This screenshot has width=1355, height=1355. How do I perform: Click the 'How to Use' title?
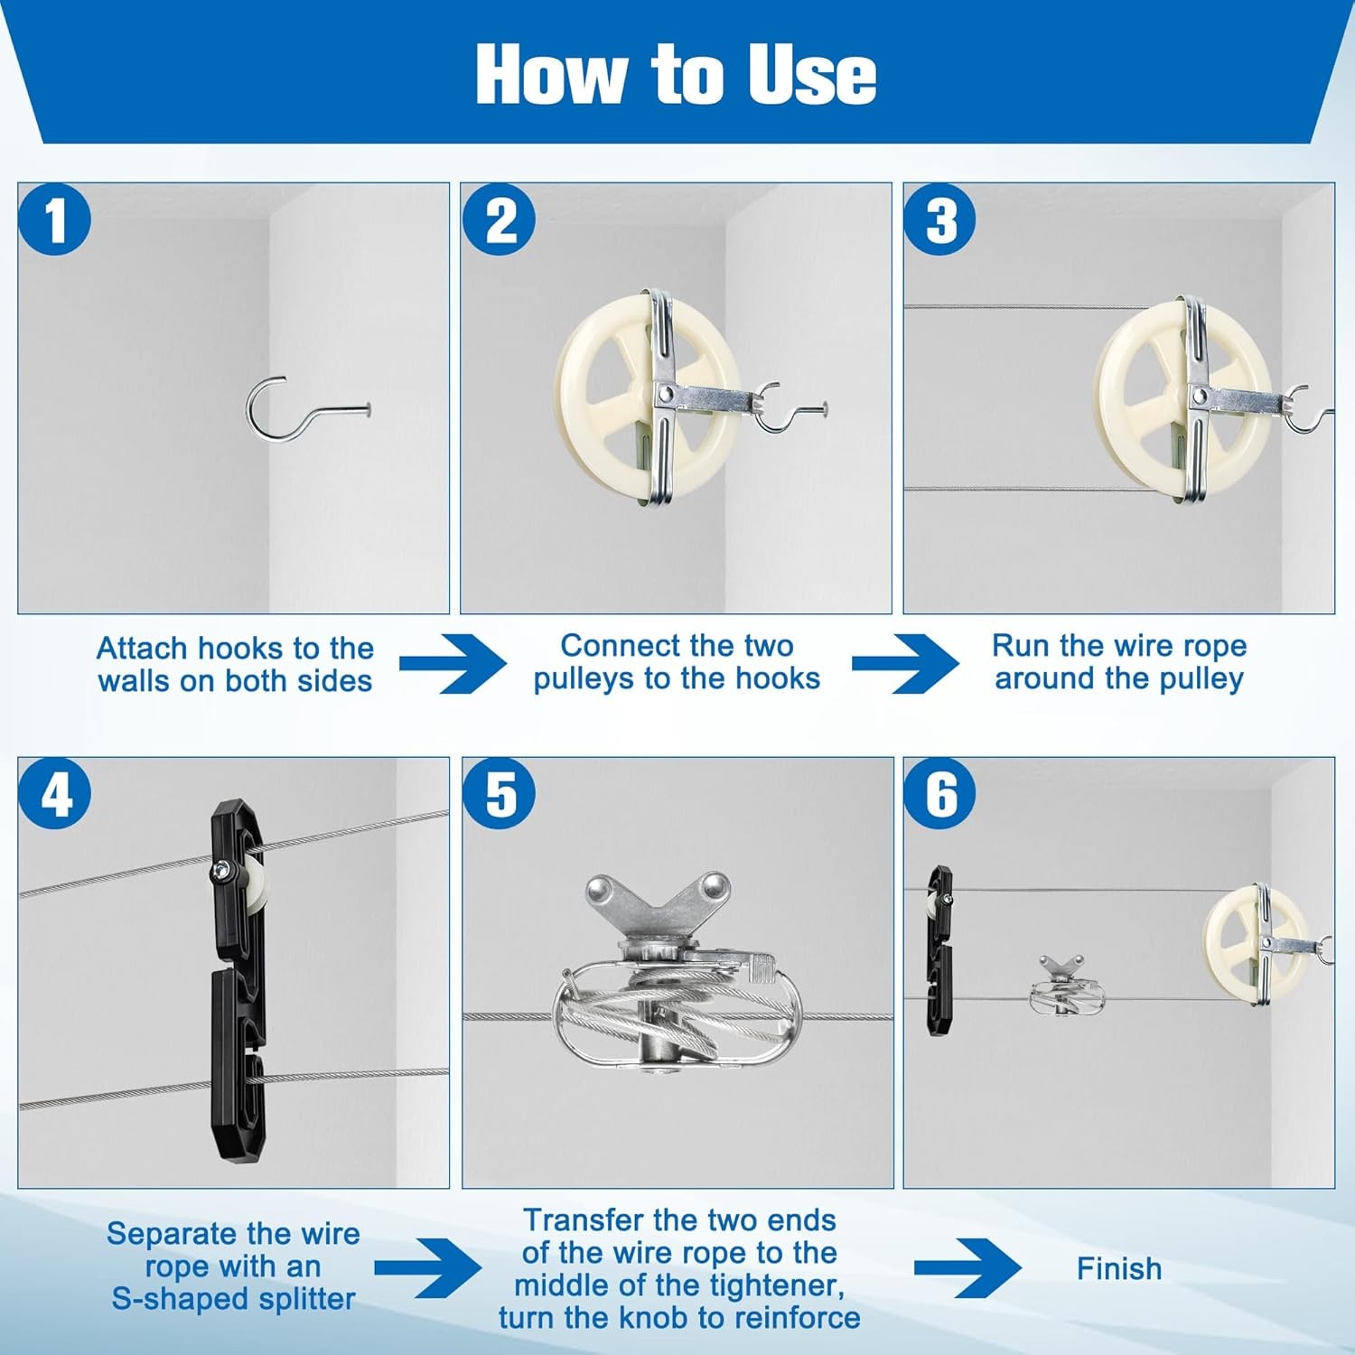pyautogui.click(x=676, y=74)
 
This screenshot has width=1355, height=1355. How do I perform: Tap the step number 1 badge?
pyautogui.click(x=55, y=220)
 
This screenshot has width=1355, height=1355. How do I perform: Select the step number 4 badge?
pyautogui.click(x=55, y=794)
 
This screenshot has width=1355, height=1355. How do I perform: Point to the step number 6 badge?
pyautogui.click(x=940, y=794)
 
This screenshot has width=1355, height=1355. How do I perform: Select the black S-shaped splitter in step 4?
pyautogui.click(x=238, y=980)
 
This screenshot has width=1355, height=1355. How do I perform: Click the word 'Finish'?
pyautogui.click(x=1119, y=1269)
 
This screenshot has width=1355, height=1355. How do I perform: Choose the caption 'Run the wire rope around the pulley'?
pyautogui.click(x=1119, y=662)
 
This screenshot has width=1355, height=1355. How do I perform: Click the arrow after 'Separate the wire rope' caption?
pyautogui.click(x=428, y=1268)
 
